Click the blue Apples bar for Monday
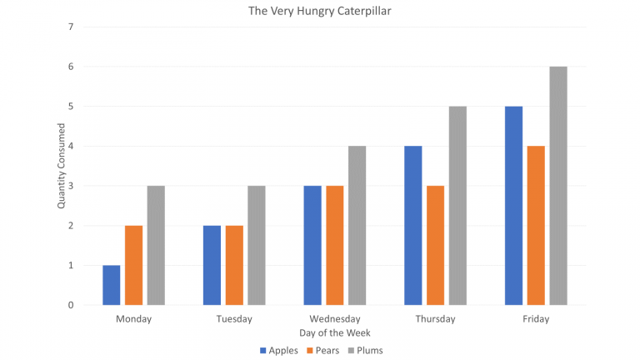(x=112, y=285)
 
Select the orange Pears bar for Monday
(x=133, y=265)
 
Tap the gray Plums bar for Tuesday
(x=256, y=245)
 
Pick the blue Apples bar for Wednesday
(x=312, y=245)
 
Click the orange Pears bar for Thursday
(x=435, y=245)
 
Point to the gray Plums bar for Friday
(x=557, y=186)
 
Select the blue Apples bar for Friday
(x=513, y=206)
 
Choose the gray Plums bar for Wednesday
(x=357, y=225)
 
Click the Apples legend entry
(x=280, y=350)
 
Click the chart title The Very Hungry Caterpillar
(x=319, y=12)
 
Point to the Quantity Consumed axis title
(x=61, y=166)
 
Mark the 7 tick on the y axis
(x=71, y=27)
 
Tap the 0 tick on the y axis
(x=71, y=305)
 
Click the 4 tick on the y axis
(x=71, y=146)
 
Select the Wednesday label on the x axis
(x=334, y=319)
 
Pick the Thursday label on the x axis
(x=435, y=319)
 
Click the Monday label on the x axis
(x=133, y=319)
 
